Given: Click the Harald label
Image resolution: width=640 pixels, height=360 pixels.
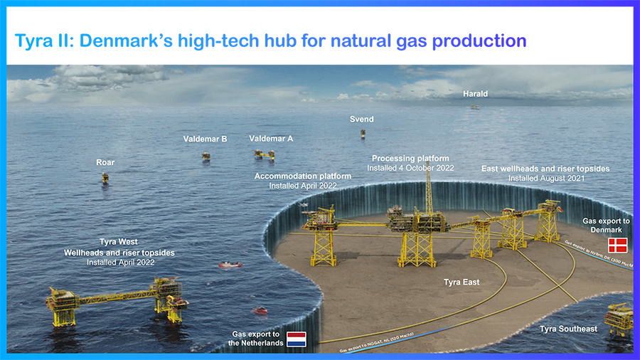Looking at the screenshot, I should pos(475,94).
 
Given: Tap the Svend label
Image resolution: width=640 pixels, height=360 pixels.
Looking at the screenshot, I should pos(361,120).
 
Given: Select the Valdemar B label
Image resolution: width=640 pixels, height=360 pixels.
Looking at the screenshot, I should pos(205,139).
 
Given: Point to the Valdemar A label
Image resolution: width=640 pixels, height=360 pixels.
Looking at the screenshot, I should pos(271,139).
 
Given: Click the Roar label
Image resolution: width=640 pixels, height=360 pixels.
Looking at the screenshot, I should pos(105,163).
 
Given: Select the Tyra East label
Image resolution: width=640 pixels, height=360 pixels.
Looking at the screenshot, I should pos(462,282).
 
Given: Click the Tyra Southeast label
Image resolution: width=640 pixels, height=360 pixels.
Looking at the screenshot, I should pos(568,329).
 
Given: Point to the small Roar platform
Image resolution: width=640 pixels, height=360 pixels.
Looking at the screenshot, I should pos(105,177).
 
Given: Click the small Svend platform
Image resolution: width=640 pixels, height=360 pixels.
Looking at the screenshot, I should pos(361,134).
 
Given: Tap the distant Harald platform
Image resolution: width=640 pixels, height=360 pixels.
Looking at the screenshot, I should pos(474,107).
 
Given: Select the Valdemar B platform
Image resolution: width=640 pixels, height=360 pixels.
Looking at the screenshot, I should pos(206,155).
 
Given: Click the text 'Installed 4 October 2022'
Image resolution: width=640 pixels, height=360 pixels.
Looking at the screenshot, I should pos(410,168).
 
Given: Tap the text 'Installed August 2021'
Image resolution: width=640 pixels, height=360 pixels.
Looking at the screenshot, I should pos(546,179).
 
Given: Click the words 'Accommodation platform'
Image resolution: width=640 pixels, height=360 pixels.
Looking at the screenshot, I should pos(303,176).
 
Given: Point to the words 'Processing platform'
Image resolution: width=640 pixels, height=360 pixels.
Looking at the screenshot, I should pos(410,158).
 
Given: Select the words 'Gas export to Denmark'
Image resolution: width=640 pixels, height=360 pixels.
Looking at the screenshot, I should pos(606,226).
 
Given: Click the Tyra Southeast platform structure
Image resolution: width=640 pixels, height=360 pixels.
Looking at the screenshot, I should pos(619,318).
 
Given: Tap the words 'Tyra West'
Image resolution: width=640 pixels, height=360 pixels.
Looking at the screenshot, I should pos(119,243).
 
